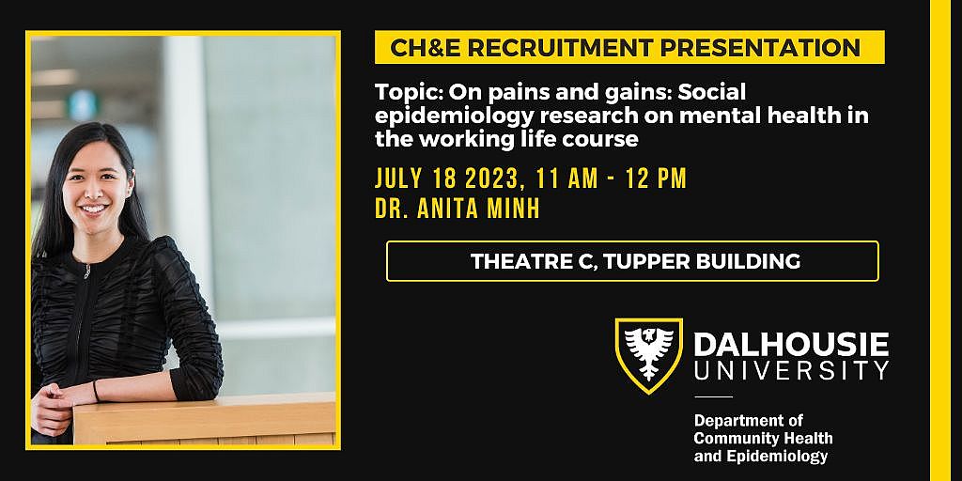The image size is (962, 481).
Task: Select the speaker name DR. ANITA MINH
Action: [458, 208]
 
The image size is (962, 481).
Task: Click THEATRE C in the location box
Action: [531, 261]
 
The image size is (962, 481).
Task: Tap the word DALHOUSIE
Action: [791, 344]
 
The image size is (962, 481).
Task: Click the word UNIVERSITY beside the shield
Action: [791, 370]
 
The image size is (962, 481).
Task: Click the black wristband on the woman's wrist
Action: [95, 391]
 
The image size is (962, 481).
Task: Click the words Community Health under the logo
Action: [763, 438]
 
